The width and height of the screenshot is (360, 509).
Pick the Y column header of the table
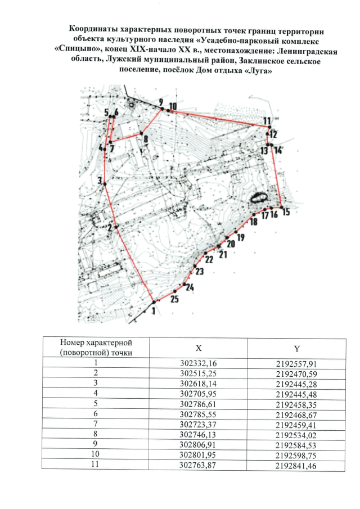click(x=295, y=347)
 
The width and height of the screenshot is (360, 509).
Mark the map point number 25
click(x=174, y=299)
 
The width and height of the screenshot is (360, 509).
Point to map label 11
click(x=267, y=120)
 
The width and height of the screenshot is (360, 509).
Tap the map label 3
click(x=100, y=181)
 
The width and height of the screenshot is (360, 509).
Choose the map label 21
click(x=223, y=254)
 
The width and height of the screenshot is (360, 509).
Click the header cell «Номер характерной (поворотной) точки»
click(x=96, y=347)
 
